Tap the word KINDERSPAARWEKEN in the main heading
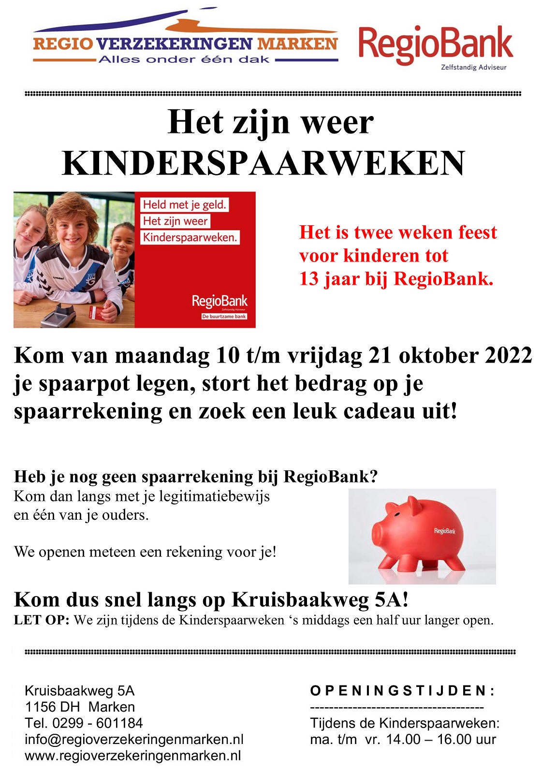(264, 163)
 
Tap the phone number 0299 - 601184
(98, 723)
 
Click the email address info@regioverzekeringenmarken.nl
(134, 740)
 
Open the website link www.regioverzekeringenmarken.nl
(132, 756)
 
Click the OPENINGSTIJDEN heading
(402, 691)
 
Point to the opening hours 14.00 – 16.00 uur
(440, 740)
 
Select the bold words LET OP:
(42, 620)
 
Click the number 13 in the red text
(309, 279)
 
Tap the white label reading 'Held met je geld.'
(184, 205)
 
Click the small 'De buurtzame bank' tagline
(224, 317)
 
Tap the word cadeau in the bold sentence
(378, 411)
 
